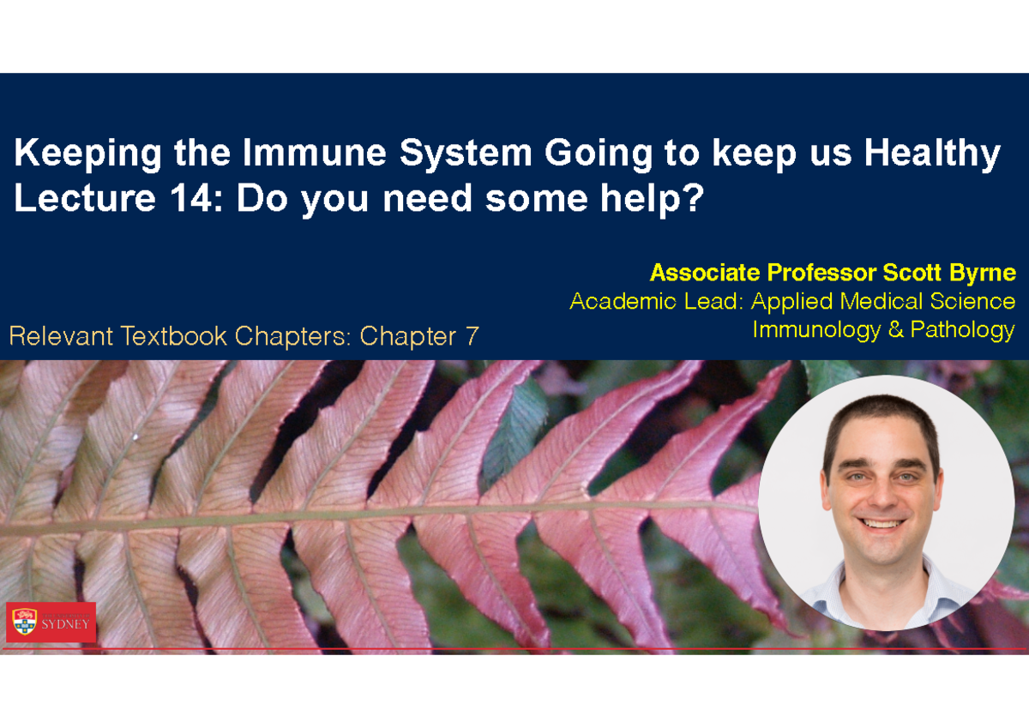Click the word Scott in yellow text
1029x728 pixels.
point(912,273)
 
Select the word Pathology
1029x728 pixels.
point(962,331)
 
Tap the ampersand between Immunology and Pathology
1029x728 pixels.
point(896,329)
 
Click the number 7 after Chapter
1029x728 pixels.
point(472,336)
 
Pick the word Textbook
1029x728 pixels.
point(173,336)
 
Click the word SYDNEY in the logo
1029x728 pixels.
point(65,623)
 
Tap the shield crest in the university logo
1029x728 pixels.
point(25,622)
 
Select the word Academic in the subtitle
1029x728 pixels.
point(623,302)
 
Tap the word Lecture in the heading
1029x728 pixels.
point(85,198)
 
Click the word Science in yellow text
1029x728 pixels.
point(972,302)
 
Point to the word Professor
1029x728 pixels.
point(821,273)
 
